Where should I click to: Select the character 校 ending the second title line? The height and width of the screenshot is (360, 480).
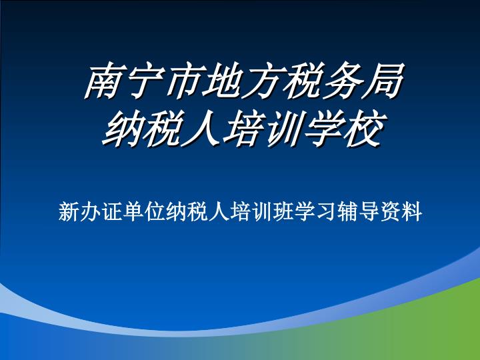click(x=364, y=129)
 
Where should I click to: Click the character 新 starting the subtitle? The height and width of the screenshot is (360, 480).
click(x=69, y=211)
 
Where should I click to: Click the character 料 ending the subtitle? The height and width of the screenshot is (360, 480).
click(x=412, y=211)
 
